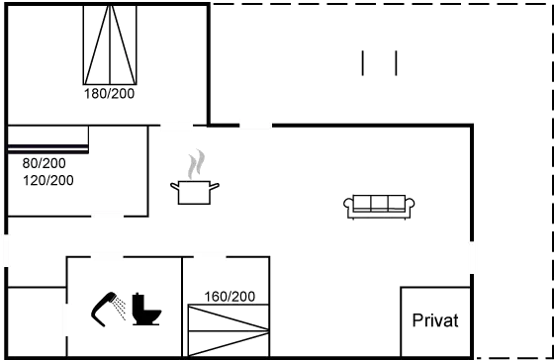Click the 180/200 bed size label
pyautogui.click(x=109, y=94)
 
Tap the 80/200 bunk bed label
pyautogui.click(x=44, y=163)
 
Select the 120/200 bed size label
pyautogui.click(x=48, y=180)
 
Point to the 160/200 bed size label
pyautogui.click(x=230, y=297)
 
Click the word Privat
pyautogui.click(x=435, y=320)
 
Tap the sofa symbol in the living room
pyautogui.click(x=379, y=207)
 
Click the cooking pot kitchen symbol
pyautogui.click(x=195, y=192)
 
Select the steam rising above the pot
pyautogui.click(x=196, y=164)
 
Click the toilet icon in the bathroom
pyautogui.click(x=146, y=310)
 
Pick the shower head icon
pyautogui.click(x=103, y=308)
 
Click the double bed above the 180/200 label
pyautogui.click(x=110, y=45)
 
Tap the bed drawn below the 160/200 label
pyautogui.click(x=229, y=330)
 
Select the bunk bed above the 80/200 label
pyautogui.click(x=48, y=139)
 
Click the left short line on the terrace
pyautogui.click(x=362, y=63)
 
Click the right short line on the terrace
pyautogui.click(x=396, y=63)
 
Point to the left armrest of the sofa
pyautogui.click(x=348, y=205)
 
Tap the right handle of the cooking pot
pyautogui.click(x=215, y=186)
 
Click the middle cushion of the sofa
pyautogui.click(x=379, y=203)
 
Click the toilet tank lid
pyautogui.click(x=138, y=295)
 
